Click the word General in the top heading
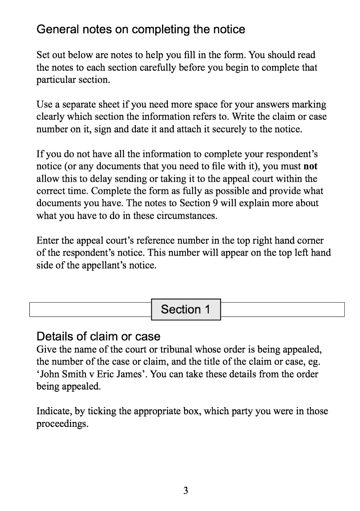coord(57,30)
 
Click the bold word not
coord(310,166)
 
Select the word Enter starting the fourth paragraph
coord(48,241)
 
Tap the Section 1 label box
coord(186,309)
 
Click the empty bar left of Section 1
coord(90,309)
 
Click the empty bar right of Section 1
coord(283,309)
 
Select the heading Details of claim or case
coord(98,336)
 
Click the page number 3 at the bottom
coord(185,490)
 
